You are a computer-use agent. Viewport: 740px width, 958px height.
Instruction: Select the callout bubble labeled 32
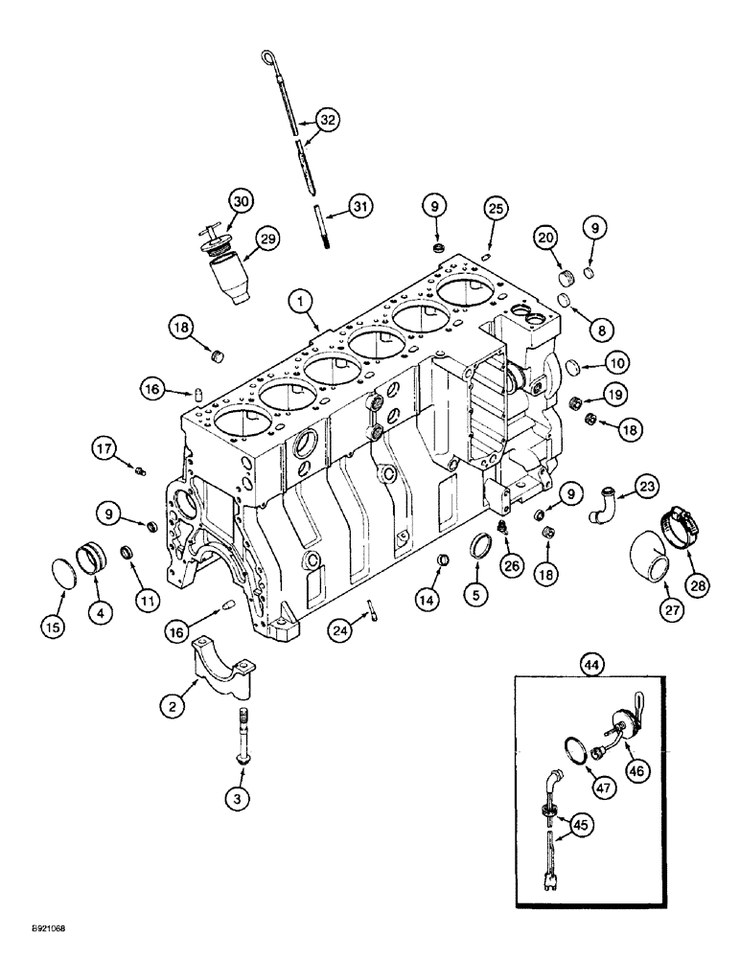[x=329, y=120]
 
